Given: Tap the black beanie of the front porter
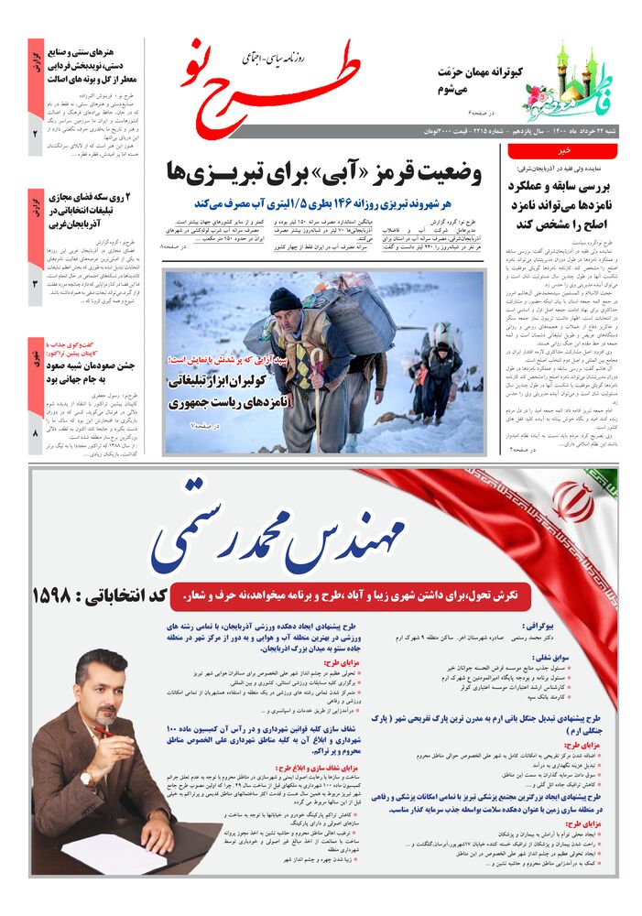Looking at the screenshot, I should (x=285, y=300).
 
